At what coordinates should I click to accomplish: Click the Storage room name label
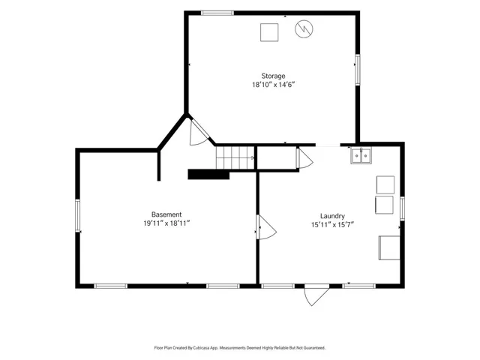pyautogui.click(x=273, y=76)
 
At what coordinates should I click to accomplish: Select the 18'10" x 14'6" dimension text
pyautogui.click(x=273, y=85)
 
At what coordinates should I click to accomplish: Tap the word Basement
pyautogui.click(x=166, y=214)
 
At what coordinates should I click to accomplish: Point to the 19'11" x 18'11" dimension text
pyautogui.click(x=166, y=223)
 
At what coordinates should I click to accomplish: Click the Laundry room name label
pyautogui.click(x=332, y=216)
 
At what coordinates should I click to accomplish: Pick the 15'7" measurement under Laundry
pyautogui.click(x=346, y=225)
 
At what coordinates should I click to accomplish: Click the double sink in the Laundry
pyautogui.click(x=361, y=155)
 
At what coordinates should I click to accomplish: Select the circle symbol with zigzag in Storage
pyautogui.click(x=304, y=29)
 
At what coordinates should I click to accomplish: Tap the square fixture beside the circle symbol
pyautogui.click(x=269, y=32)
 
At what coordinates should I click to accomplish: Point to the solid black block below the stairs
pyautogui.click(x=208, y=174)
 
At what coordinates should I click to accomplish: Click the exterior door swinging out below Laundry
pyautogui.click(x=316, y=295)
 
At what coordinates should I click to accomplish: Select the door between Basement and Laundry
pyautogui.click(x=266, y=226)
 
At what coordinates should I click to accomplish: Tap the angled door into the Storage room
pyautogui.click(x=199, y=132)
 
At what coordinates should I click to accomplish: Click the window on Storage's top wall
pyautogui.click(x=217, y=13)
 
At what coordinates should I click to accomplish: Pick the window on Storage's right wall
pyautogui.click(x=357, y=70)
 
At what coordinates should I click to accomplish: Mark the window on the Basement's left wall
pyautogui.click(x=78, y=215)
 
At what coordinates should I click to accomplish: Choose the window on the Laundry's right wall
pyautogui.click(x=402, y=208)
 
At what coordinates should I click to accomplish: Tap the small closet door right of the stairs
pyautogui.click(x=304, y=158)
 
